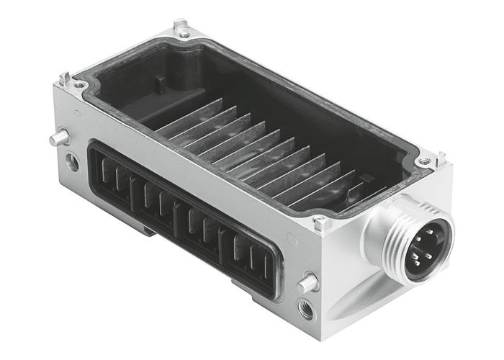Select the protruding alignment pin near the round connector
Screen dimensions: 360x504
click(x=308, y=283)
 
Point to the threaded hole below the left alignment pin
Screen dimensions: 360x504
click(x=73, y=162)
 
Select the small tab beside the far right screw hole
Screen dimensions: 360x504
click(x=441, y=156)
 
